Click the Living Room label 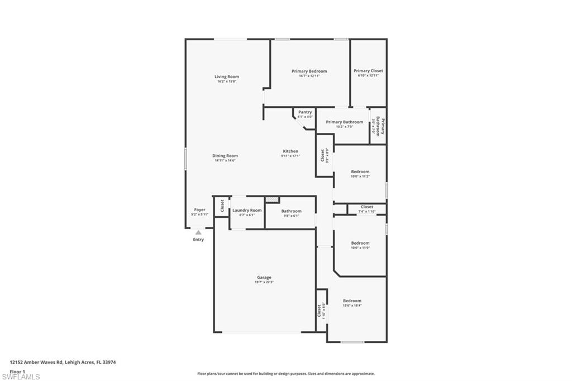227,77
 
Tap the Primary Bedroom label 309,71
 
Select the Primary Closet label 368,71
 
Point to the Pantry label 305,112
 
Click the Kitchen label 290,151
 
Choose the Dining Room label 225,156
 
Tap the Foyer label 199,209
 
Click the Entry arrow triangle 198,232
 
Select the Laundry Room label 247,210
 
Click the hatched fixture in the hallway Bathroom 272,199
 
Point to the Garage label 264,278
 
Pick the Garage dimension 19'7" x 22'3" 264,282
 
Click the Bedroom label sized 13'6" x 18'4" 352,301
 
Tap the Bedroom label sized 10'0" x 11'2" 360,172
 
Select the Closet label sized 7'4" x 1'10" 366,207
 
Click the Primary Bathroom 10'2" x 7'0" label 344,122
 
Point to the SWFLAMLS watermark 21,377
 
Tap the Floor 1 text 17,371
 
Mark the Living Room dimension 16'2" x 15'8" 227,82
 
